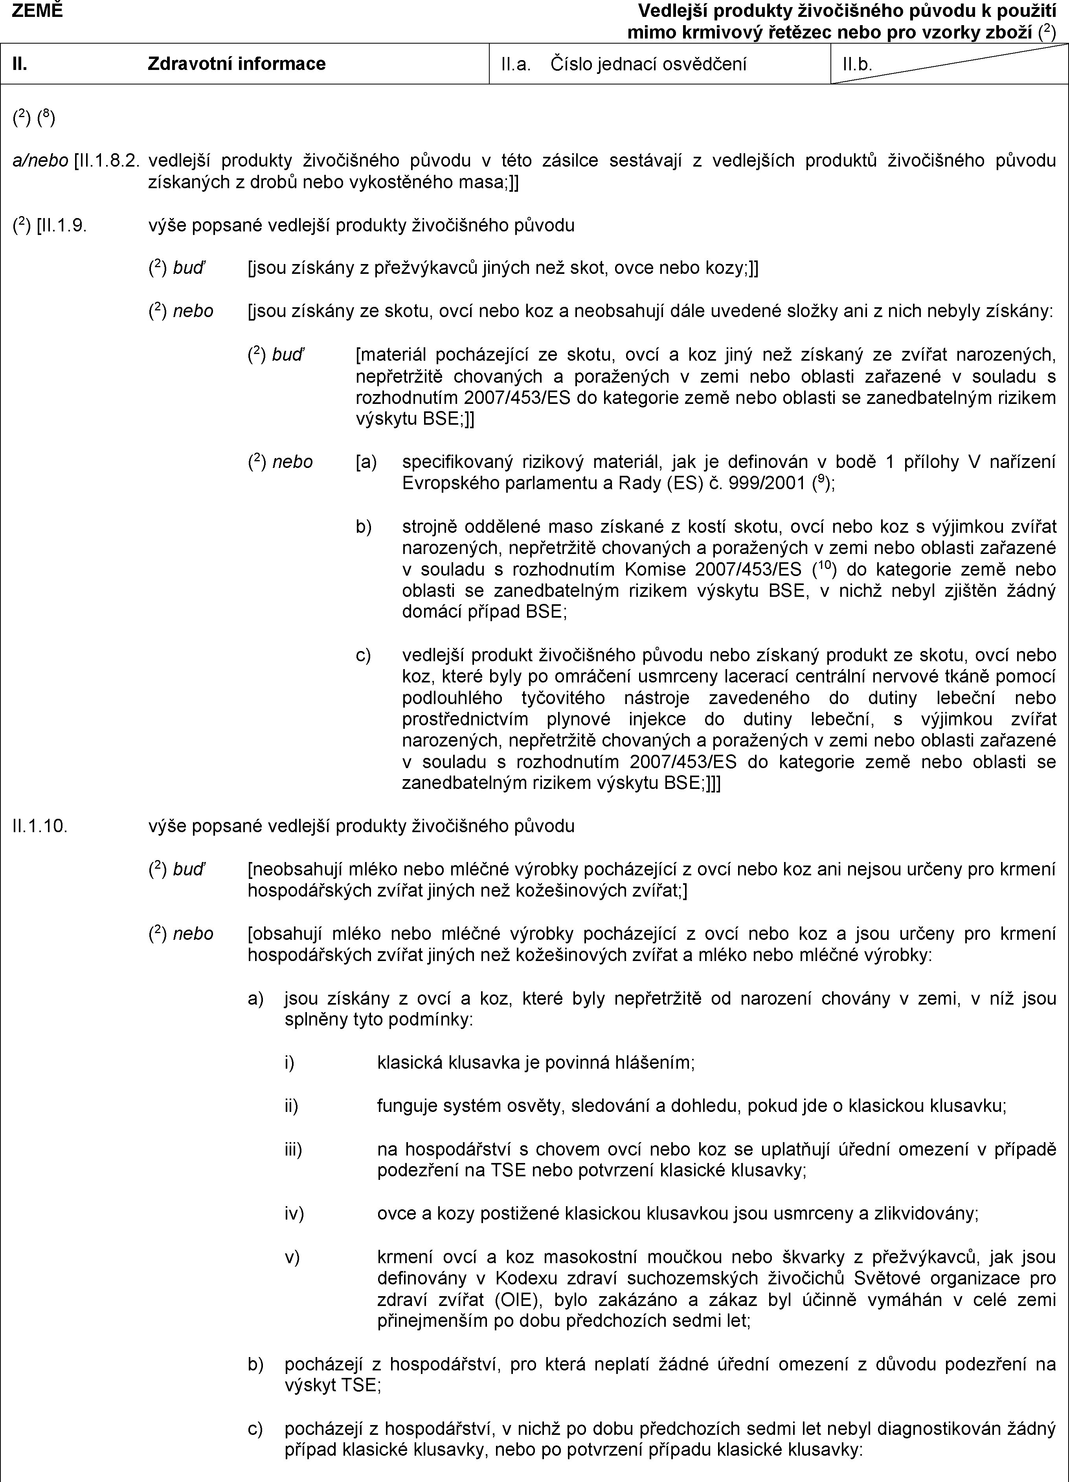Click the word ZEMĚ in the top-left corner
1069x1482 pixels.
point(37,10)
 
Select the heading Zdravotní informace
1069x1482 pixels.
point(237,63)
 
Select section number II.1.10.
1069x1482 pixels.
point(39,826)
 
